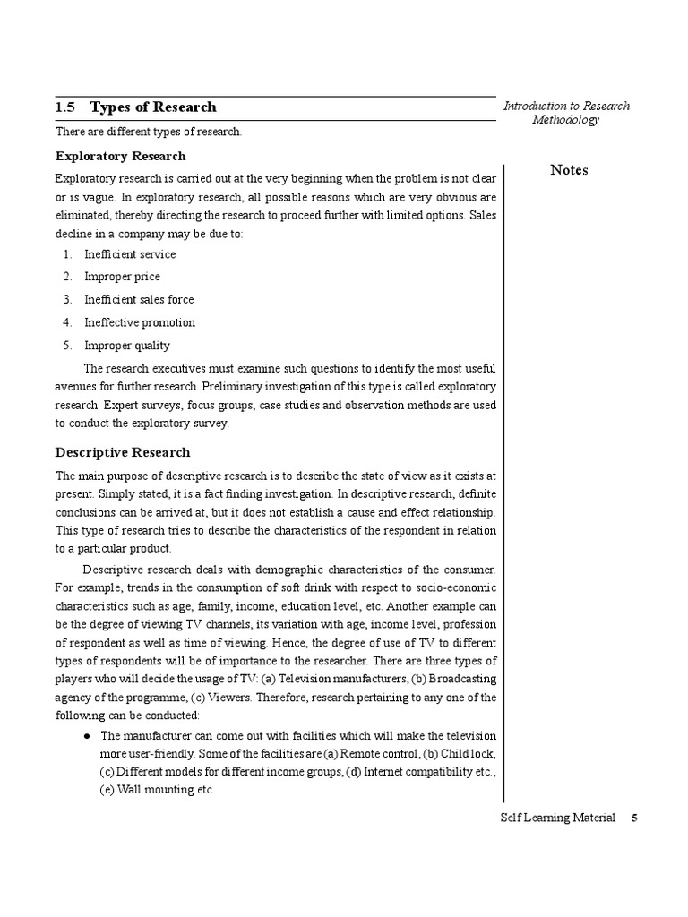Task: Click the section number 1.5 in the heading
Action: pos(64,107)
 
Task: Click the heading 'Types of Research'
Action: pos(153,107)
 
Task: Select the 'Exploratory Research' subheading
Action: pos(121,156)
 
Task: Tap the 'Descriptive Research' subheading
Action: pos(123,452)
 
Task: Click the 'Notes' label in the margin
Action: pos(569,170)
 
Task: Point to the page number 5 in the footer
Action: pos(634,818)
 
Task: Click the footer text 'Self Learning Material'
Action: pos(558,818)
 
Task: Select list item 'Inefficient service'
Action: pos(130,254)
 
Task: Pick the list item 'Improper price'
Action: pos(122,277)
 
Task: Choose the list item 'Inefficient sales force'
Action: pos(139,300)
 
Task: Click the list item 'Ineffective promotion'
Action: pos(139,322)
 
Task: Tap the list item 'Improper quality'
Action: pos(126,346)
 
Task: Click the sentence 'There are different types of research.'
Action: pos(149,132)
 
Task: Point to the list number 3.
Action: pos(67,300)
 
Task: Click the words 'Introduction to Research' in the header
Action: pos(566,106)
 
